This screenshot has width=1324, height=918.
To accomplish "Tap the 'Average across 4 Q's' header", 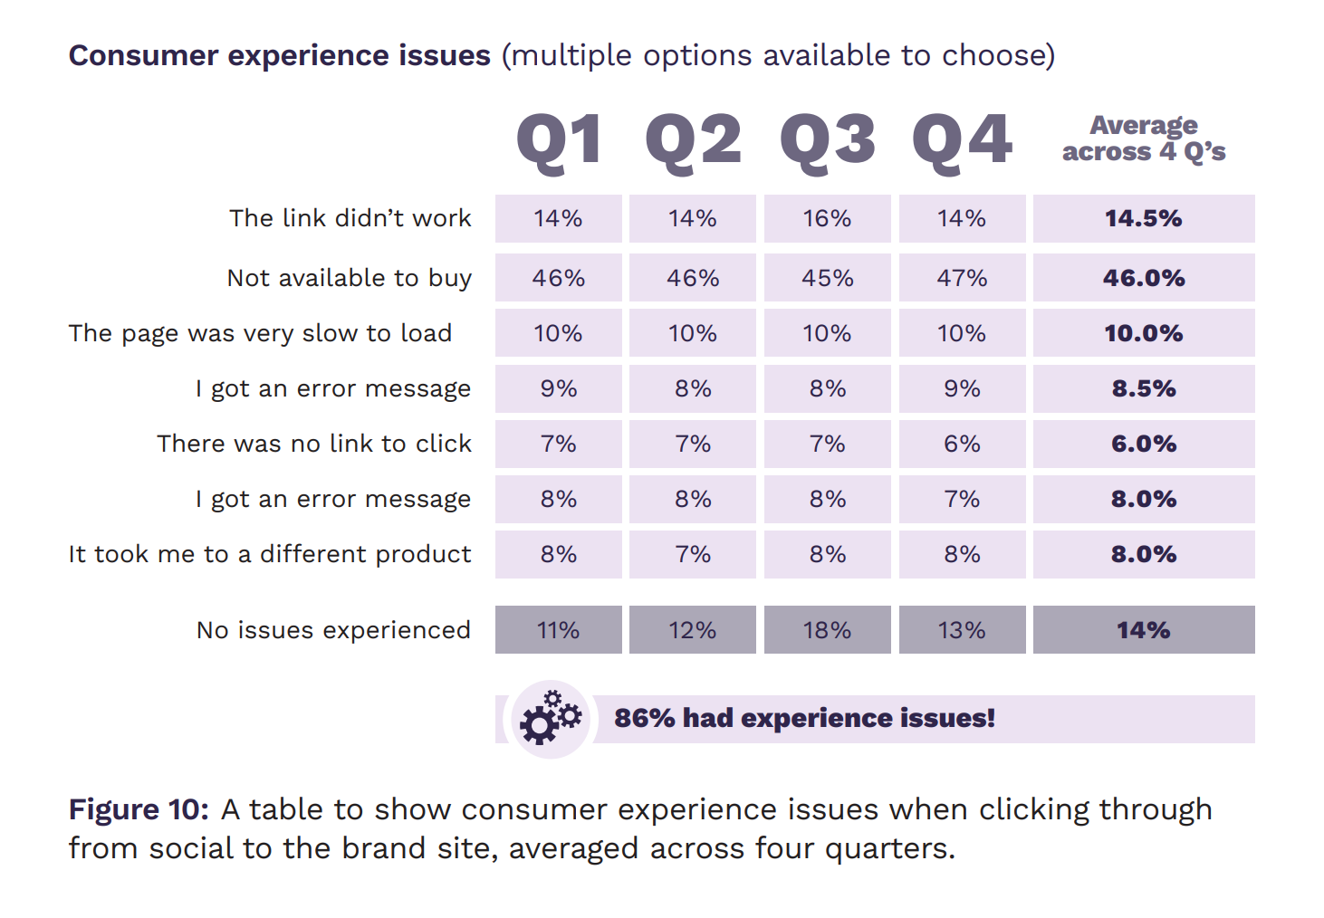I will [1144, 139].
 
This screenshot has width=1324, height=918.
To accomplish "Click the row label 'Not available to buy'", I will [350, 278].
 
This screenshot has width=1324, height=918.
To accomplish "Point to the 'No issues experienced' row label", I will [333, 630].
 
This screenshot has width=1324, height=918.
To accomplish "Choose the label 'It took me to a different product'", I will [270, 554].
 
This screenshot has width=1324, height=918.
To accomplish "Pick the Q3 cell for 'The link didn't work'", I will [828, 219].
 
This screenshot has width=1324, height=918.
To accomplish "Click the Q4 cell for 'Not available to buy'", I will [962, 278].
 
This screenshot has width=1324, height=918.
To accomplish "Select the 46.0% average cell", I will [1144, 278].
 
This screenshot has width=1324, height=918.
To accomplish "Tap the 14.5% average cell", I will [1144, 219].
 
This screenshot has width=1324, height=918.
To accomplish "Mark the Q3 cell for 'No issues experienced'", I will [828, 630].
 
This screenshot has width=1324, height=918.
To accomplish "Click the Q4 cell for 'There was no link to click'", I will [962, 444].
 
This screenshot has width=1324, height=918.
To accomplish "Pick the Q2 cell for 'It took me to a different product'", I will [693, 554].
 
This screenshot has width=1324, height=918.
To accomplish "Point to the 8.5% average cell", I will [1144, 388].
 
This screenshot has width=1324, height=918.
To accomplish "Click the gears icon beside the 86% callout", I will [550, 719].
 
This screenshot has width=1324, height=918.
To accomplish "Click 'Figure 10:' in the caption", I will [139, 809].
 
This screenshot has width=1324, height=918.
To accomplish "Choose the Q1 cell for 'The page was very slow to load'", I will [559, 333].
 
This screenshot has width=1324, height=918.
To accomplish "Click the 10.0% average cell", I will [1144, 333].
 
